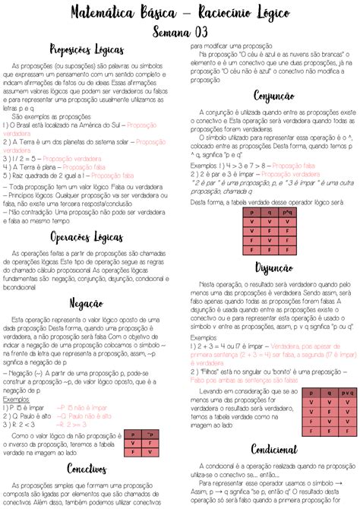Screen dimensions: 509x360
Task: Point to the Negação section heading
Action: point(86,303)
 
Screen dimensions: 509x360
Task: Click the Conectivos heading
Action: point(86,468)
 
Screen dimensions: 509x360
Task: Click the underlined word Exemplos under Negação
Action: point(17,399)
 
